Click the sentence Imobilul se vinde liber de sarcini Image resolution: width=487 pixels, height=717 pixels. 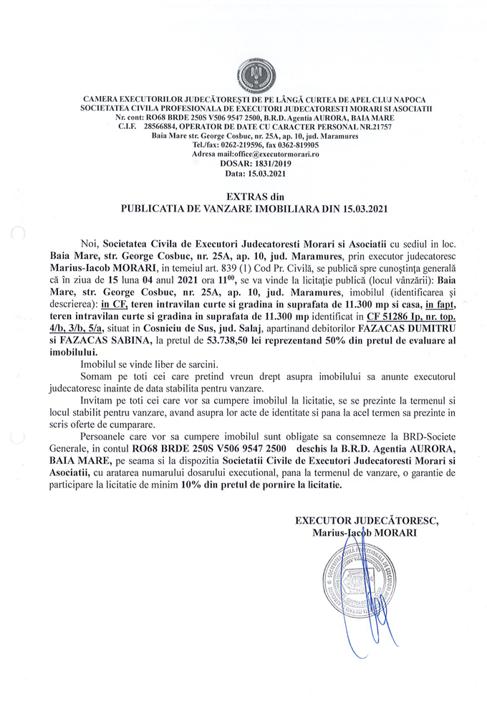coord(149,366)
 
